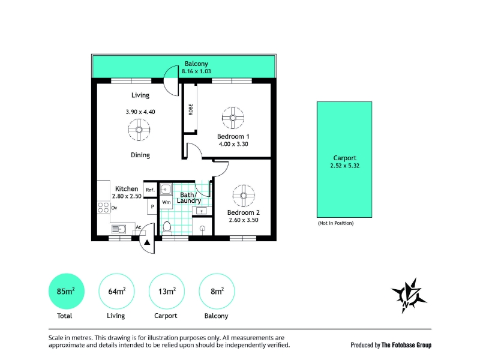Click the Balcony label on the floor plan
pyautogui.click(x=196, y=64)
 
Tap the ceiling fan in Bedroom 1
pyautogui.click(x=233, y=118)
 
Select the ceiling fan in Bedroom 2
pyautogui.click(x=244, y=196)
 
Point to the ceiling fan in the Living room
pyautogui.click(x=139, y=130)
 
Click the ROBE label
pyautogui.click(x=191, y=110)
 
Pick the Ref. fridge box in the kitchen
pyautogui.click(x=151, y=190)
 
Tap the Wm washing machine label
pyautogui.click(x=166, y=202)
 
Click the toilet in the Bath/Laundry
pyautogui.click(x=167, y=227)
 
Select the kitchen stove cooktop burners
pyautogui.click(x=104, y=207)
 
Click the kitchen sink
pyautogui.click(x=118, y=229)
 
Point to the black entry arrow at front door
pyautogui.click(x=147, y=242)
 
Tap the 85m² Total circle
pyautogui.click(x=67, y=291)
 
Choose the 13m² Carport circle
pyautogui.click(x=167, y=291)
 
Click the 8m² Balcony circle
pyautogui.click(x=217, y=291)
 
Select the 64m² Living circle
pyautogui.click(x=116, y=291)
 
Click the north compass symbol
pyautogui.click(x=409, y=295)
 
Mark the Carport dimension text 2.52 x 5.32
pyautogui.click(x=344, y=166)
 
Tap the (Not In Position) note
pyautogui.click(x=336, y=223)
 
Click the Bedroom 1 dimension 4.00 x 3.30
pyautogui.click(x=233, y=144)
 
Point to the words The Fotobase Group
pyautogui.click(x=406, y=345)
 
